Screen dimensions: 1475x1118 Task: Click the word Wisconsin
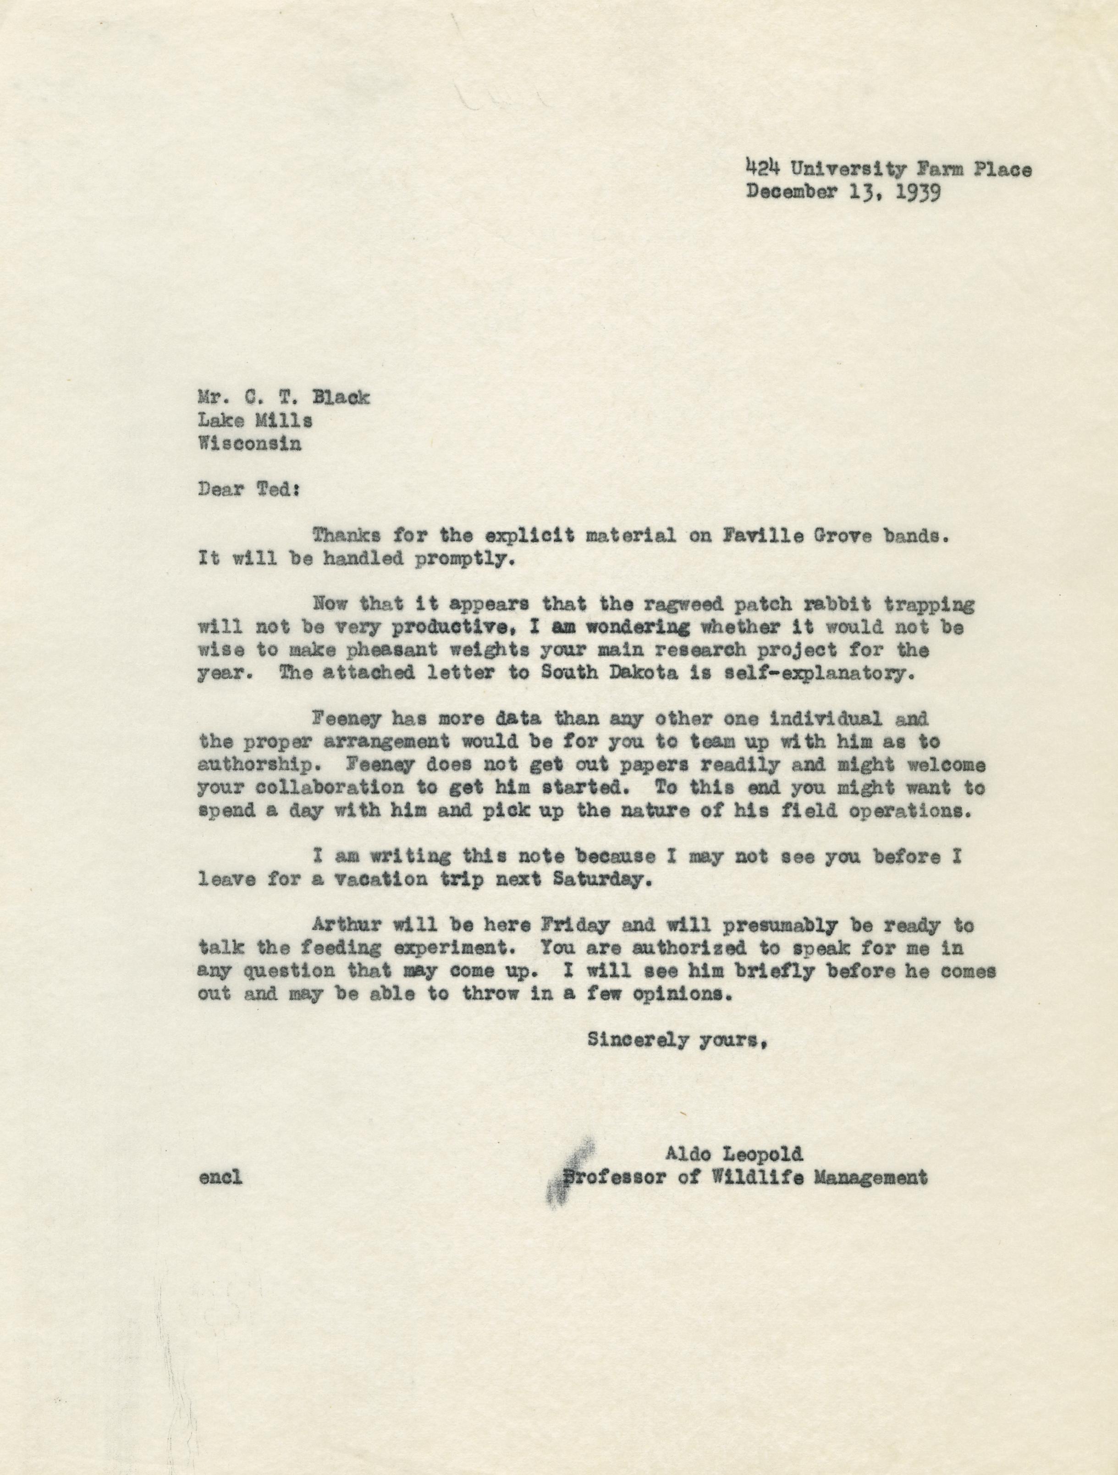tap(250, 443)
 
